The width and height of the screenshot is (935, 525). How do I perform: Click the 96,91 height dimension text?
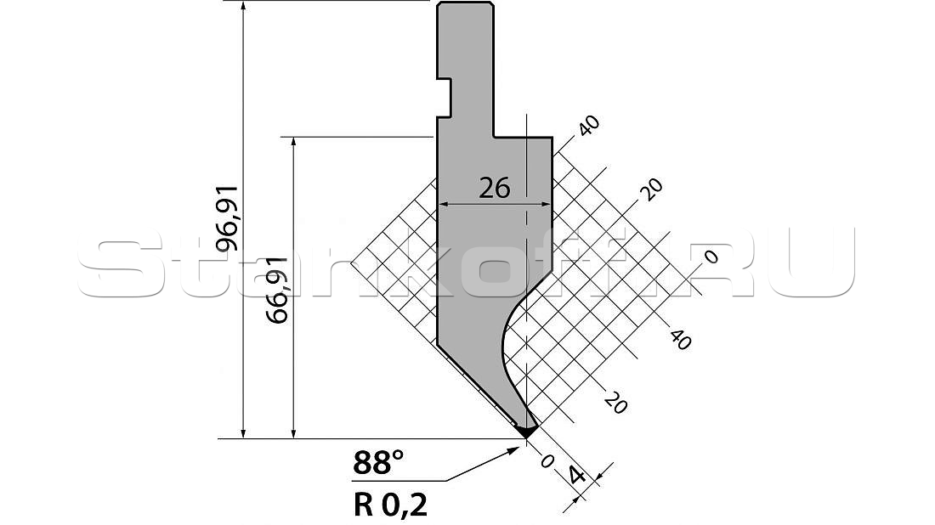pos(228,218)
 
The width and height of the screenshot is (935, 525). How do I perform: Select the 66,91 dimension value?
pos(278,291)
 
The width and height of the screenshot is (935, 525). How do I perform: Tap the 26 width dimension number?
pos(495,189)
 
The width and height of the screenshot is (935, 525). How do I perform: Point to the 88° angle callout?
pos(378,462)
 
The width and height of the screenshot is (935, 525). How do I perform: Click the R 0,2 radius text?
pos(391,505)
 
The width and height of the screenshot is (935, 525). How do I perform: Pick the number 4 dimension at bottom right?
pos(576,476)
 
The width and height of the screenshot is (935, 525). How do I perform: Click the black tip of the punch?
pos(527,431)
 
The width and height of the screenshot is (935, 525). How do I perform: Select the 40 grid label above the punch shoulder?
pos(587,125)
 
